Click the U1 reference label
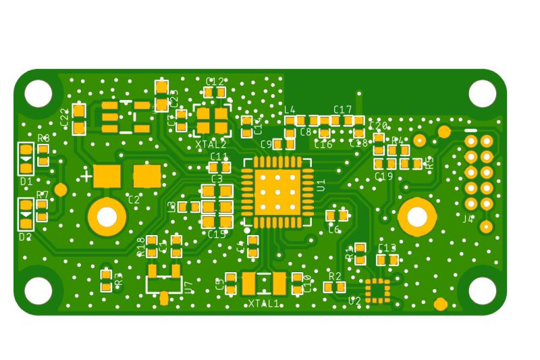[x=321, y=185]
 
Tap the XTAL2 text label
[x=211, y=145]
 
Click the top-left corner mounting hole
[x=38, y=94]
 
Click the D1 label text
[x=26, y=182]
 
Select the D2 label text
[x=26, y=236]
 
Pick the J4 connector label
[x=468, y=219]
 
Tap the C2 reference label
[x=134, y=199]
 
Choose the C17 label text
[x=342, y=109]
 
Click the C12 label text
[x=215, y=81]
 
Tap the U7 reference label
[x=188, y=287]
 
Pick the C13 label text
[x=387, y=248]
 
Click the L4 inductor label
[x=290, y=109]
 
